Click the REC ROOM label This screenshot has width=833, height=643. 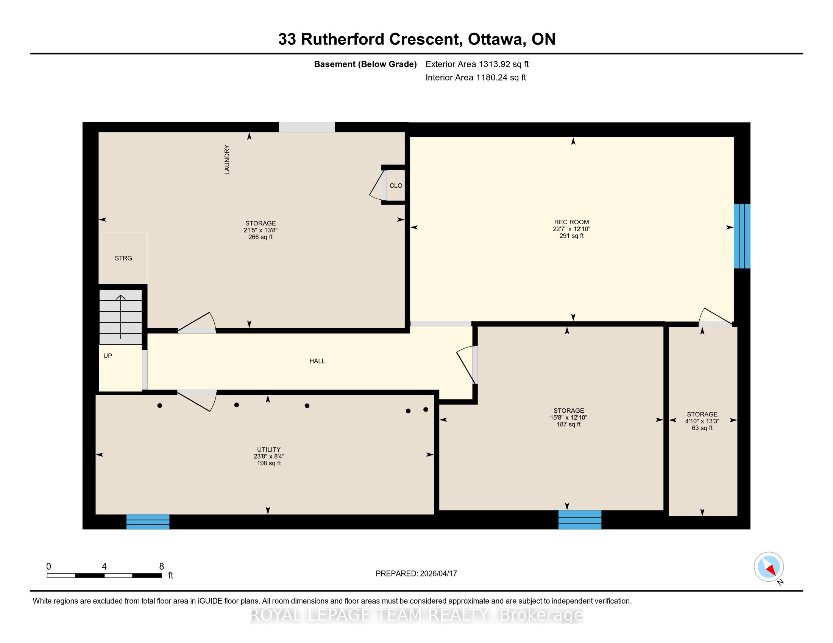pos(571,222)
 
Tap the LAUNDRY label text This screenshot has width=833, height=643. pos(227,160)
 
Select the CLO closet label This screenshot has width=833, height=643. pos(396,185)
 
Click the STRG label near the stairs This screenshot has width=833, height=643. pos(123,258)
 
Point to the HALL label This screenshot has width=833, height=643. pos(317,361)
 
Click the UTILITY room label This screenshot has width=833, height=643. pos(269,449)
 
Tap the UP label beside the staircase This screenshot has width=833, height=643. pos(108,356)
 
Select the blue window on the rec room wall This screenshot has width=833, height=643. pos(742,236)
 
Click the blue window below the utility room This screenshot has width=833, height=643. pos(148,522)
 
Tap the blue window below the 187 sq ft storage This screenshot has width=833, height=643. pos(580,520)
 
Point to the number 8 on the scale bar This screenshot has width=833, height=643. pos(162,567)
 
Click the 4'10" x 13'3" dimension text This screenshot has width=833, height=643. pos(702,421)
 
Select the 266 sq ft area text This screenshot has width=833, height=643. pos(261,237)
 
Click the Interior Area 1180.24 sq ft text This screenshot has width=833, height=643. pos(476,78)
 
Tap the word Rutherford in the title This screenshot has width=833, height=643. pos(342,39)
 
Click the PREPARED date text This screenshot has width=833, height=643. pos(416,573)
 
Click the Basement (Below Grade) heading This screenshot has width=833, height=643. pos(365,64)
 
